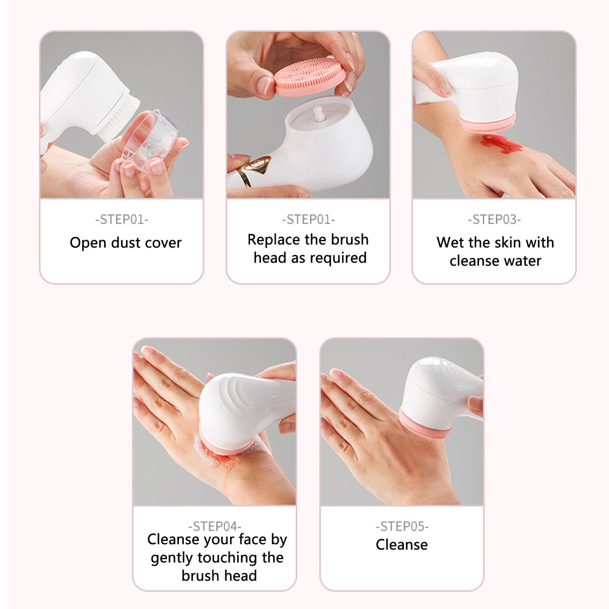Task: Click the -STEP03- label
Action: [494, 219]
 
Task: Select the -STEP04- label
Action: [215, 526]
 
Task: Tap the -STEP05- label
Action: [402, 526]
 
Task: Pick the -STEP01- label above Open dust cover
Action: [122, 219]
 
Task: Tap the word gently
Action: [172, 558]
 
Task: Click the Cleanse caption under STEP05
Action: [402, 545]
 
